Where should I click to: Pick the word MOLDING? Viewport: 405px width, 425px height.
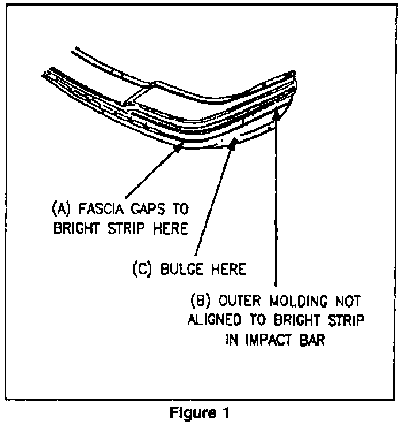(297, 301)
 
